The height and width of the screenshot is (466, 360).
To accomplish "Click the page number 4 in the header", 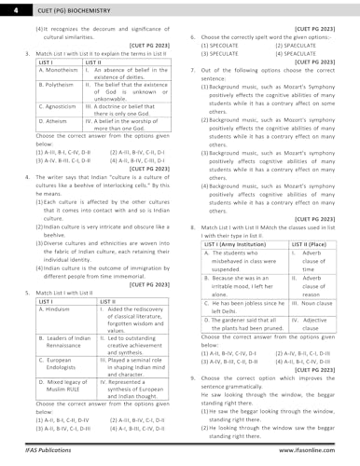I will [x=8, y=8].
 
